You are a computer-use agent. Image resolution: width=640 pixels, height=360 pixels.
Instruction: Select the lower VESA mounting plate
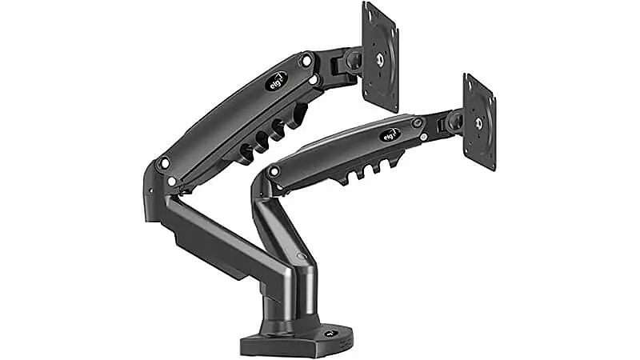pyautogui.click(x=478, y=122)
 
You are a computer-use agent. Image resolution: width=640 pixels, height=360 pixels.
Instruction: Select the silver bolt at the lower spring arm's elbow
pyautogui.click(x=274, y=170)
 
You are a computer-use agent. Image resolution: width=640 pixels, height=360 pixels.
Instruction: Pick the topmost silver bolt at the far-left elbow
pyautogui.click(x=164, y=162)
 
